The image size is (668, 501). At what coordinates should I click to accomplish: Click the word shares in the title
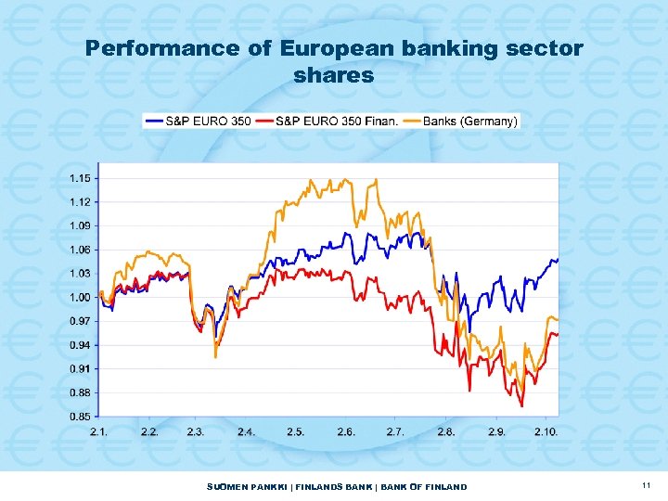tap(334, 75)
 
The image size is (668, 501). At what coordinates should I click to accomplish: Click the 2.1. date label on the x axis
tap(98, 432)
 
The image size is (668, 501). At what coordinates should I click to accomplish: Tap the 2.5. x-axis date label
tap(296, 432)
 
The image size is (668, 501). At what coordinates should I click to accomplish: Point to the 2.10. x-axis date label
tap(546, 432)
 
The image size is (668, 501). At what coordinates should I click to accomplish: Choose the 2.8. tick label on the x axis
tap(446, 432)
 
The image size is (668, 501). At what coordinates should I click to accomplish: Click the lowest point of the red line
tap(522, 406)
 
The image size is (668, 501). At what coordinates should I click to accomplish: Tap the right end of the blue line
tap(558, 260)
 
